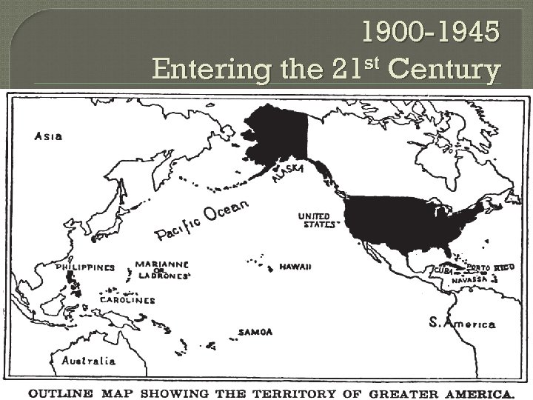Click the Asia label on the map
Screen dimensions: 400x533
pyautogui.click(x=48, y=136)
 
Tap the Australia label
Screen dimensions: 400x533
pyautogui.click(x=88, y=361)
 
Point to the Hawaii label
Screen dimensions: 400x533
pyautogui.click(x=295, y=267)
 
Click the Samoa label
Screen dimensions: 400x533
pyautogui.click(x=255, y=332)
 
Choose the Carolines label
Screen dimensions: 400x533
pyautogui.click(x=127, y=300)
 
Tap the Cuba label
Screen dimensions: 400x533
pyautogui.click(x=443, y=271)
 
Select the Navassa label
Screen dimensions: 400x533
pyautogui.click(x=471, y=279)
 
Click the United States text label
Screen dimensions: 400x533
pyautogui.click(x=315, y=220)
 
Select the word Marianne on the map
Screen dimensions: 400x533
pyautogui.click(x=161, y=264)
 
